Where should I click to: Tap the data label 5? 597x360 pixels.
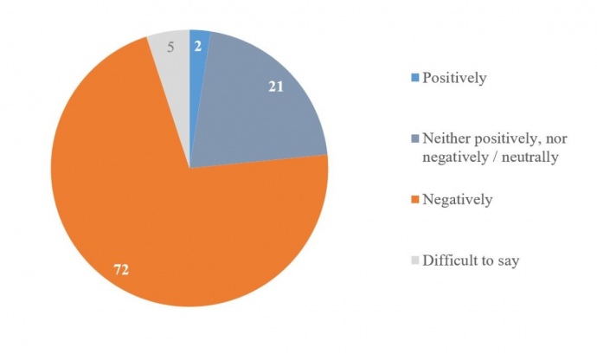(x=170, y=48)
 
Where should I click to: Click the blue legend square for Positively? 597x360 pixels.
(x=414, y=79)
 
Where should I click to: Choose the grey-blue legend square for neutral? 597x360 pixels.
(x=414, y=138)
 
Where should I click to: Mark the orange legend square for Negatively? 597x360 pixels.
(x=414, y=200)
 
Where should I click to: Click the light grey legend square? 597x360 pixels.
(x=414, y=260)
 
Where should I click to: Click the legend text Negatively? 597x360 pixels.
(x=458, y=200)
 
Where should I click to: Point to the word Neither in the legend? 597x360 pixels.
(x=446, y=138)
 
